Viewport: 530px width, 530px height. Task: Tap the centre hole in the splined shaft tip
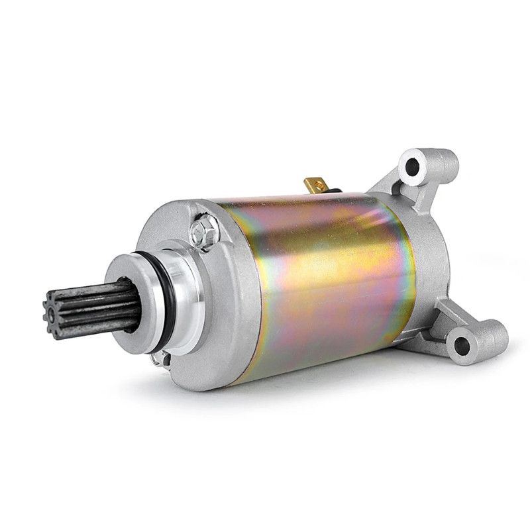(x=48, y=312)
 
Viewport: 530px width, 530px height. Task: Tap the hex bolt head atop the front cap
(x=201, y=232)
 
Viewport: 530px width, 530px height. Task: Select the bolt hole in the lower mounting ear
(x=464, y=342)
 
